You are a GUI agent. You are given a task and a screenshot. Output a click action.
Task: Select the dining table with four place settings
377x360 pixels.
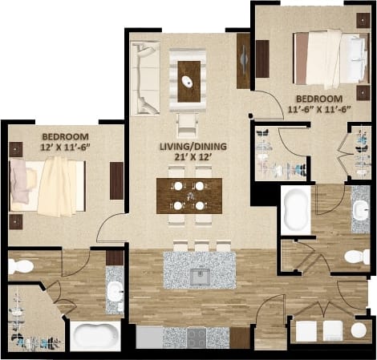pyautogui.click(x=189, y=195)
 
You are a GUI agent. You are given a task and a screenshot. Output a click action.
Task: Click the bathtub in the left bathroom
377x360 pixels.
pyautogui.click(x=95, y=335)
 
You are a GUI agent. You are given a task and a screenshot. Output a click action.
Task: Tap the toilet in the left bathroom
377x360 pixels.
pyautogui.click(x=21, y=266)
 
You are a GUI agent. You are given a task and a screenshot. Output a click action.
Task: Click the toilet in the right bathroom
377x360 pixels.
pyautogui.click(x=355, y=257)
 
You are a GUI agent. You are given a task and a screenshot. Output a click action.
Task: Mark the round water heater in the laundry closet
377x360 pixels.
pyautogui.click(x=359, y=330)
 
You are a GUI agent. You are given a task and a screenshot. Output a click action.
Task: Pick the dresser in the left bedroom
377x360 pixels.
pyautogui.click(x=117, y=180)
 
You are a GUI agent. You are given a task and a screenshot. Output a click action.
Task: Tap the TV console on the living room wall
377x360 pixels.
pyautogui.click(x=244, y=61)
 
